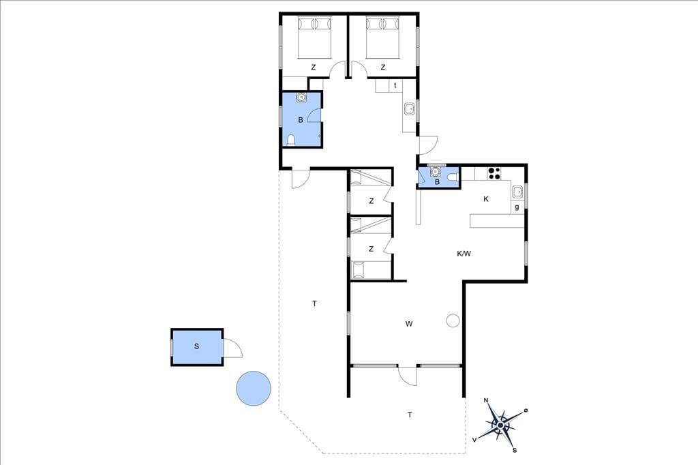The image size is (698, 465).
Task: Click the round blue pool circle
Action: tap(254, 388)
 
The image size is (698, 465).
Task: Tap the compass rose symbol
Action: tap(501, 425)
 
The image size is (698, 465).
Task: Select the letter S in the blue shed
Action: tap(196, 346)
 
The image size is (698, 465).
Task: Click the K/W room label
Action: tap(464, 254)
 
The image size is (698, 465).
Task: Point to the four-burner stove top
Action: tap(494, 172)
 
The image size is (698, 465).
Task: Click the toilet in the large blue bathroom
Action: tap(291, 140)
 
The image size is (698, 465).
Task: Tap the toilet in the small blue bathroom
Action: tap(453, 177)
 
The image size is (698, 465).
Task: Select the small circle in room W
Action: tap(453, 320)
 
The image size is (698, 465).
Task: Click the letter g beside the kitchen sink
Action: tap(517, 207)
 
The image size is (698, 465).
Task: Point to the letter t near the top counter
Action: tap(395, 85)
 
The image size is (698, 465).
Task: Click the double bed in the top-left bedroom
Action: tap(315, 37)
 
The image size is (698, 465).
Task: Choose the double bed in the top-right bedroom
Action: tap(383, 37)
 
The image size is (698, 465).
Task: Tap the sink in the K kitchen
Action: tap(517, 192)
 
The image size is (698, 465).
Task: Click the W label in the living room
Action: tap(409, 324)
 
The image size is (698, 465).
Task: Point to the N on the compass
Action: tap(486, 400)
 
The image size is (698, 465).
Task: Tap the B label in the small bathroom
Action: tap(437, 182)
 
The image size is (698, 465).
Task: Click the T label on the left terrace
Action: tap(314, 304)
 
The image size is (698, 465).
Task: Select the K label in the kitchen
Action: tap(485, 199)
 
